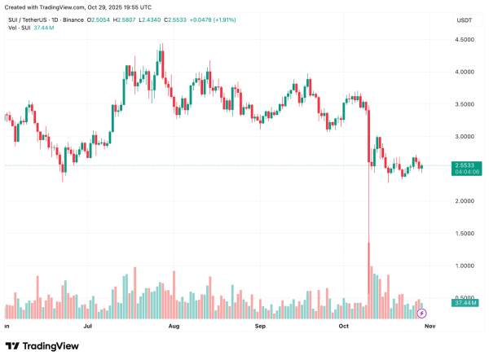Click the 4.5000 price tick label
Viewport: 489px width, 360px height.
tap(466, 39)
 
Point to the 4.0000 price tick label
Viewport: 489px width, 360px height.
tap(466, 72)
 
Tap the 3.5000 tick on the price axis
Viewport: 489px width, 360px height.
tap(466, 104)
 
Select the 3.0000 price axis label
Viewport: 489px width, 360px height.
tap(466, 136)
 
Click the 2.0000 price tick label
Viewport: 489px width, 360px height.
tap(466, 201)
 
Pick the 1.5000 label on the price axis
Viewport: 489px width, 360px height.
tap(466, 234)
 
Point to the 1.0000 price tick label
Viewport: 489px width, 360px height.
tap(466, 266)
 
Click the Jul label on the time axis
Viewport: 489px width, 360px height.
tap(87, 325)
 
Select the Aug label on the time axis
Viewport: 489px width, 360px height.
tap(174, 325)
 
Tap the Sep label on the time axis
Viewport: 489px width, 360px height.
tap(261, 325)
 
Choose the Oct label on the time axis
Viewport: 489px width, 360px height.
tap(344, 325)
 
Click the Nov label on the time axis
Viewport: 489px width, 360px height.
tap(430, 325)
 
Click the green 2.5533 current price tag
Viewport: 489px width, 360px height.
tap(466, 165)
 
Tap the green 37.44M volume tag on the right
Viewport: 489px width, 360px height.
tap(466, 303)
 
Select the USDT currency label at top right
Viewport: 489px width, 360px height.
tap(465, 19)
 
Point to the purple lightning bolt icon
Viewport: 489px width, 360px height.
tap(421, 313)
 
